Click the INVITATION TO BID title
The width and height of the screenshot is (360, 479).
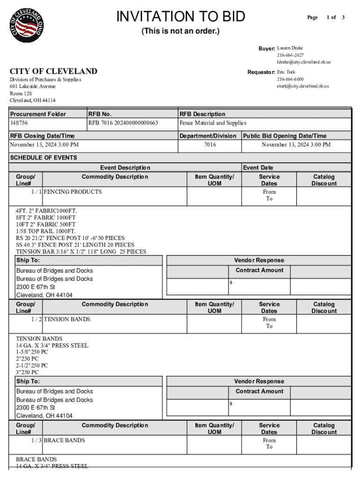click(180, 17)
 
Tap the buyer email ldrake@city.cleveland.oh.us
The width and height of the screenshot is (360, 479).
click(303, 62)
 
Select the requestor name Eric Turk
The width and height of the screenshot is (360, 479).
click(286, 72)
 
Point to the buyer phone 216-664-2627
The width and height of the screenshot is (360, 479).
click(290, 55)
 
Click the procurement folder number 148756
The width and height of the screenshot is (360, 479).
click(19, 123)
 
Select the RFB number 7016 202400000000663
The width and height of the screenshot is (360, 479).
click(123, 123)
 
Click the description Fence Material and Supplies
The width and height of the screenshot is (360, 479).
click(213, 123)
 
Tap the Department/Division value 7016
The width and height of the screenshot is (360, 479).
click(210, 145)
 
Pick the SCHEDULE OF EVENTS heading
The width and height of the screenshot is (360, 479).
click(43, 158)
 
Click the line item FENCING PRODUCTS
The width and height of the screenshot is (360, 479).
click(72, 192)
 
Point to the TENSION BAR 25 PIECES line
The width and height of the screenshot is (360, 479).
click(81, 252)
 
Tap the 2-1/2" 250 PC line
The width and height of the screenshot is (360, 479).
click(32, 365)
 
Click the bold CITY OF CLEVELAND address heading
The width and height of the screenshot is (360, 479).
click(54, 71)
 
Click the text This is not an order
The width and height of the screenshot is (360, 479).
click(180, 31)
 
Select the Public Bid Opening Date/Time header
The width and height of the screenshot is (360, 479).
click(285, 136)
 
